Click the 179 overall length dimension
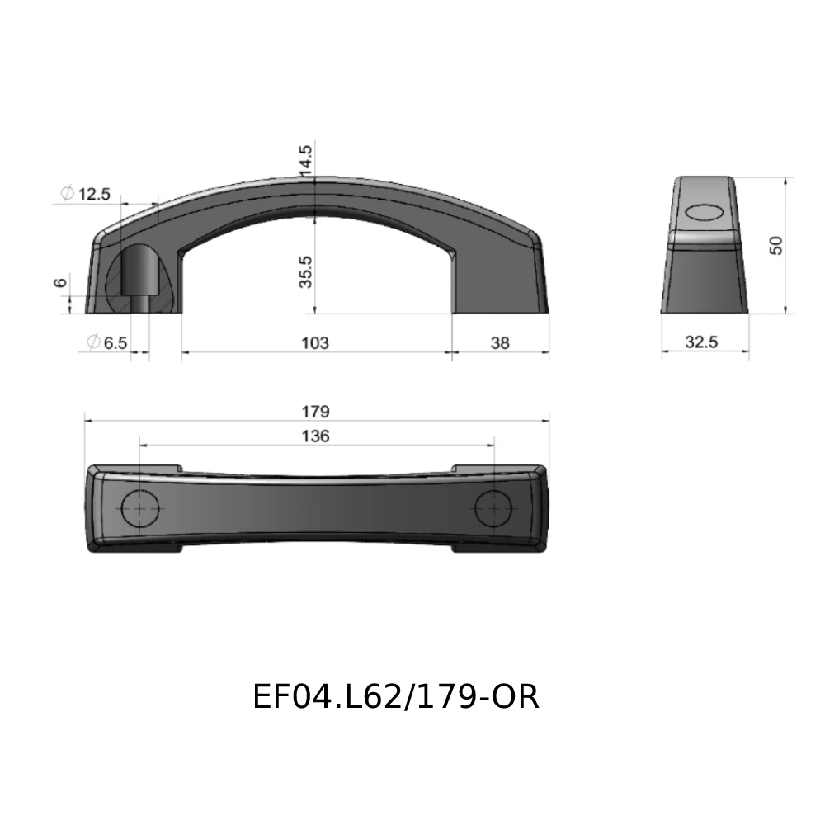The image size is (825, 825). pyautogui.click(x=316, y=411)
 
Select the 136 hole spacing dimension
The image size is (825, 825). pyautogui.click(x=316, y=436)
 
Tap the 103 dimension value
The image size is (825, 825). pyautogui.click(x=316, y=342)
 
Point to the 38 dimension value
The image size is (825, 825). pyautogui.click(x=500, y=342)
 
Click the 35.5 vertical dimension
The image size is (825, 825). pyautogui.click(x=306, y=271)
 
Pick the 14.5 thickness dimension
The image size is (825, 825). pyautogui.click(x=306, y=160)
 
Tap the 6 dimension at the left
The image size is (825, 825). pyautogui.click(x=59, y=283)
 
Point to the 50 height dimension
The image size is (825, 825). pyautogui.click(x=775, y=245)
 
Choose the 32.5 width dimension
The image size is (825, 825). pyautogui.click(x=701, y=342)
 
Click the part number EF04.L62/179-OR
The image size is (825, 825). pyautogui.click(x=396, y=697)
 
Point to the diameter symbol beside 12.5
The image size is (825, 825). pyautogui.click(x=68, y=194)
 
